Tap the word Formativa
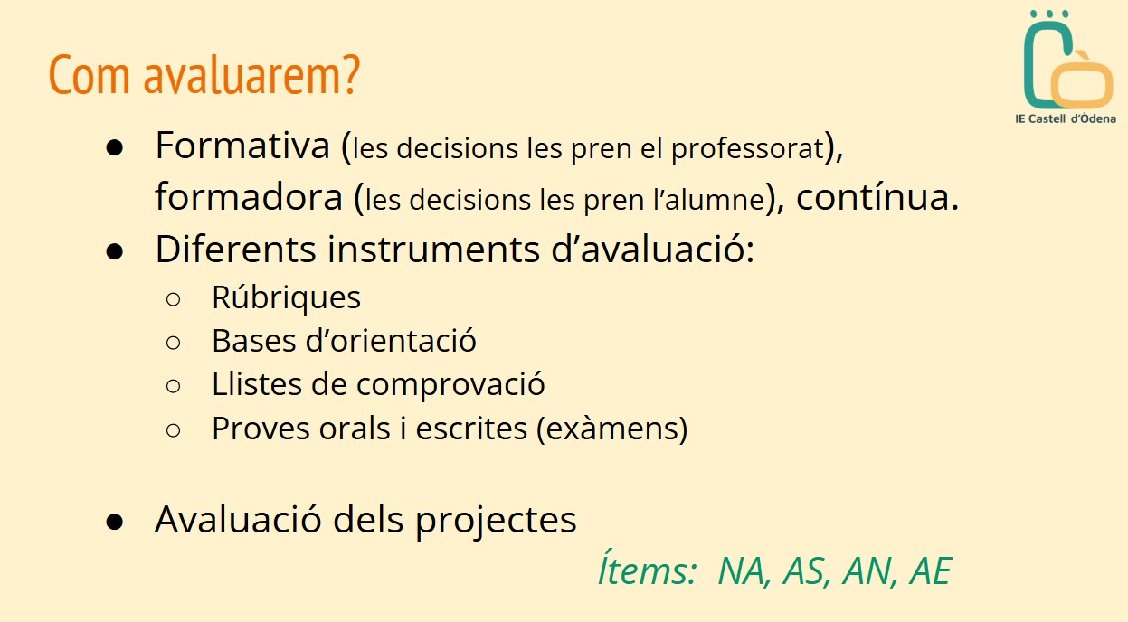click(x=242, y=146)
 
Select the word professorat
click(x=747, y=149)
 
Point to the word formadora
click(x=249, y=197)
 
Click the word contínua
click(x=877, y=197)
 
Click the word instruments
click(x=433, y=250)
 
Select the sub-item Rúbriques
click(x=286, y=297)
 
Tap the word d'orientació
click(x=391, y=341)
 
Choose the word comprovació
click(x=450, y=385)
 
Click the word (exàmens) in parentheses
click(x=611, y=429)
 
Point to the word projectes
click(x=496, y=522)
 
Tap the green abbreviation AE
click(x=930, y=571)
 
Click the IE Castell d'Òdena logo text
click(x=1065, y=118)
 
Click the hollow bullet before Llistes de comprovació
click(x=173, y=386)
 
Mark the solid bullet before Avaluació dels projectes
click(x=115, y=522)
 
